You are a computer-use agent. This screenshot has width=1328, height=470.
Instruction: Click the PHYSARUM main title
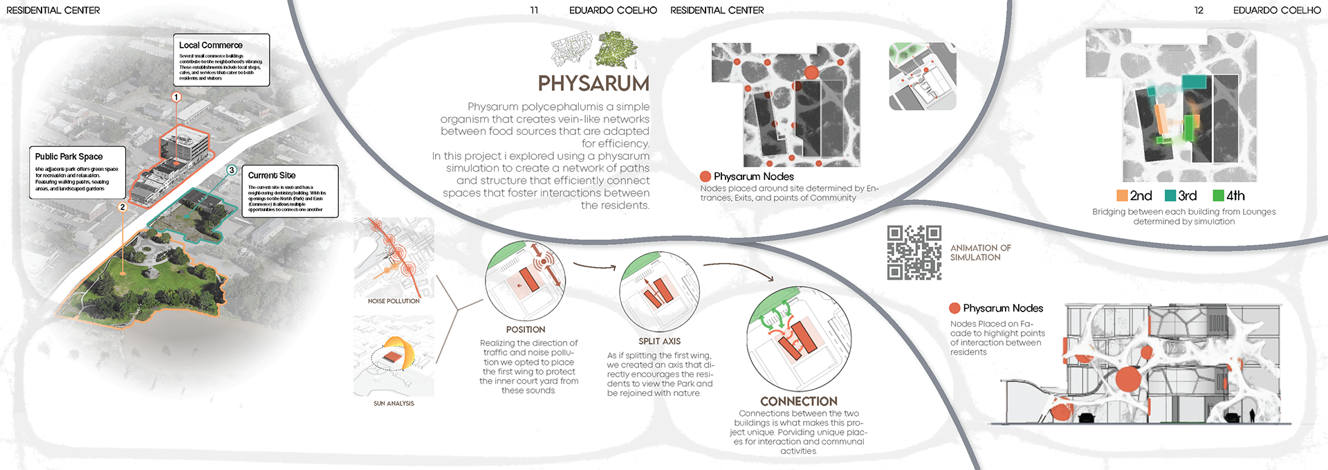[x=593, y=84]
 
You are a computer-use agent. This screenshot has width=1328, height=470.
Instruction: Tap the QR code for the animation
[x=914, y=253]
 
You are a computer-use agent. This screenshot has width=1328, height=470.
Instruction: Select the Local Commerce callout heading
[x=211, y=45]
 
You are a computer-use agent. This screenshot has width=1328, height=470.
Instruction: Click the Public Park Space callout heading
[x=69, y=156]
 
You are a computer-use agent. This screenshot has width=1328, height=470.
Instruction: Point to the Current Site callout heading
[x=272, y=175]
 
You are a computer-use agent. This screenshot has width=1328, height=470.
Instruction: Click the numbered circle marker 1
[x=176, y=98]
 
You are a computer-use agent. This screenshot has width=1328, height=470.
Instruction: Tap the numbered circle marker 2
[x=122, y=207]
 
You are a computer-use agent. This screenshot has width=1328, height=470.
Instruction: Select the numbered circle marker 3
[x=232, y=170]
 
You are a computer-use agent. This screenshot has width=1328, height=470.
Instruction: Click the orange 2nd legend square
[x=1122, y=196]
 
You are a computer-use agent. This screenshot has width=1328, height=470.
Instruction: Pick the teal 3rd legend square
[x=1170, y=196]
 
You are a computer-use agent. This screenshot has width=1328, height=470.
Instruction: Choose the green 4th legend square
[x=1218, y=196]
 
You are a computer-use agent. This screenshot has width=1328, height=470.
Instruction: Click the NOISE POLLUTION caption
[x=394, y=301]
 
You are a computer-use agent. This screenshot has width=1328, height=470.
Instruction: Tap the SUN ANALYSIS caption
[x=394, y=404]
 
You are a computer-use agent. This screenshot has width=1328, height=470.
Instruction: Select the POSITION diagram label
[x=526, y=329]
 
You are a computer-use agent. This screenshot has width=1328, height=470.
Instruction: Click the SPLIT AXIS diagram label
[x=659, y=341]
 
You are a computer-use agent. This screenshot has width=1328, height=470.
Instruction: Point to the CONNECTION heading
[x=799, y=401]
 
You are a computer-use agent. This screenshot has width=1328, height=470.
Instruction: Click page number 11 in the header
[x=534, y=10]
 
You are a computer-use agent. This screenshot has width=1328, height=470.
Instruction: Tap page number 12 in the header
[x=1199, y=10]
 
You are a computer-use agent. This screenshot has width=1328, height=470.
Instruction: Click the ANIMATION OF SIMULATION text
[x=980, y=253]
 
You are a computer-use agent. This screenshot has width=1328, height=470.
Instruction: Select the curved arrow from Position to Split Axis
[x=595, y=266]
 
